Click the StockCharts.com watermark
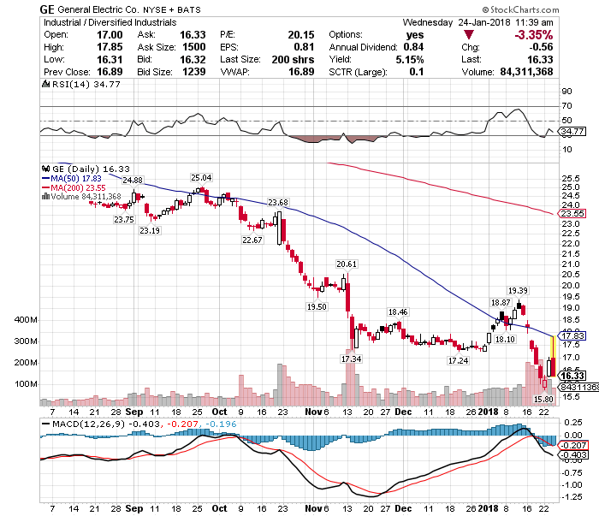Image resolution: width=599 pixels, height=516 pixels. point(555,9)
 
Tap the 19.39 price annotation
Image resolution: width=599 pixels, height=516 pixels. point(517,290)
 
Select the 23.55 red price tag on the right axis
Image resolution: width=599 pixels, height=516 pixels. point(571,212)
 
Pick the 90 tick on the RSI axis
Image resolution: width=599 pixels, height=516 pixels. point(566,91)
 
